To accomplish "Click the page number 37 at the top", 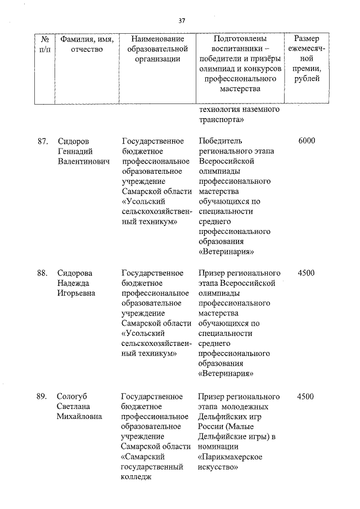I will click(182, 21).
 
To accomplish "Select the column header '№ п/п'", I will click(46, 44).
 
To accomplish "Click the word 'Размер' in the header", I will click(307, 38).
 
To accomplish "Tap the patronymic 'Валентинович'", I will click(83, 161).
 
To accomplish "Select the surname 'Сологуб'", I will click(73, 397).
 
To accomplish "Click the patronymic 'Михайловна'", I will click(79, 417).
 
